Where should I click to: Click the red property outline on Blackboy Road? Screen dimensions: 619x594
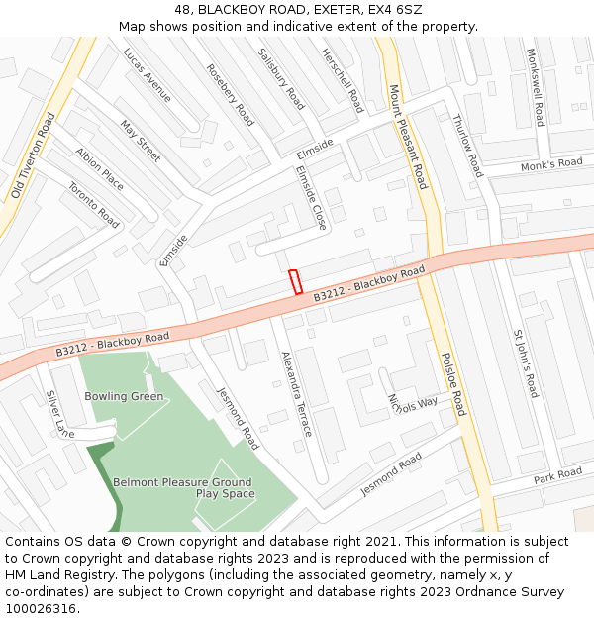295,281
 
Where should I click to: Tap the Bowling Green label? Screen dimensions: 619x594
124,396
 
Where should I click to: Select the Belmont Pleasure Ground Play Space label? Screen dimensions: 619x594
182,487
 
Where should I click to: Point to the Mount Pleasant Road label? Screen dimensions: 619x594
408,137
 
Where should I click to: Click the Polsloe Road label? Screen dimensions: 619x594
452,383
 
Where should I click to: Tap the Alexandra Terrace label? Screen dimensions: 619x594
296,393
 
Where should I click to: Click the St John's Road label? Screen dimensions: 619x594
525,363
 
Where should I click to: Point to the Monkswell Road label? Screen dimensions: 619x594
536,87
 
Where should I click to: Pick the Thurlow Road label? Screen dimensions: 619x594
466,146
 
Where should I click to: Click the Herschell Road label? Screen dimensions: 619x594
343,79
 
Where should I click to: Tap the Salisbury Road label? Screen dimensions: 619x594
281,78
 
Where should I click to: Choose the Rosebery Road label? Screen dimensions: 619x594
230,95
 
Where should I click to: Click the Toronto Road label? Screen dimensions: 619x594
93,205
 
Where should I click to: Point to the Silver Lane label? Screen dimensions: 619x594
59,414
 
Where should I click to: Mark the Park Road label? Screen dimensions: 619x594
557,475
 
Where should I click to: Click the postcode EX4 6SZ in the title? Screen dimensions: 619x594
395,9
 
